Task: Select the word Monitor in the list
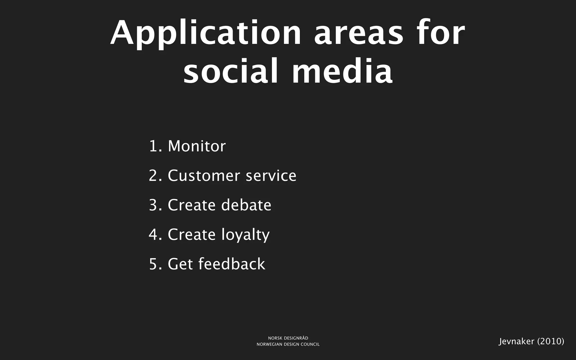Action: pos(197,146)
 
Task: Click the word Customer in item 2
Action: pos(204,176)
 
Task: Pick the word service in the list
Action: pos(271,176)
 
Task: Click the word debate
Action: pos(246,205)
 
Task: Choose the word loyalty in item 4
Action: pos(246,235)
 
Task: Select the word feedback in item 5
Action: pos(232,264)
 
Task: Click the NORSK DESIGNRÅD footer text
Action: pos(288,338)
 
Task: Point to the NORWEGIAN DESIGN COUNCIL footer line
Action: pos(288,345)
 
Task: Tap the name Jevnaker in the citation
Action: pos(516,341)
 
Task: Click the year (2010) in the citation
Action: pos(551,341)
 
